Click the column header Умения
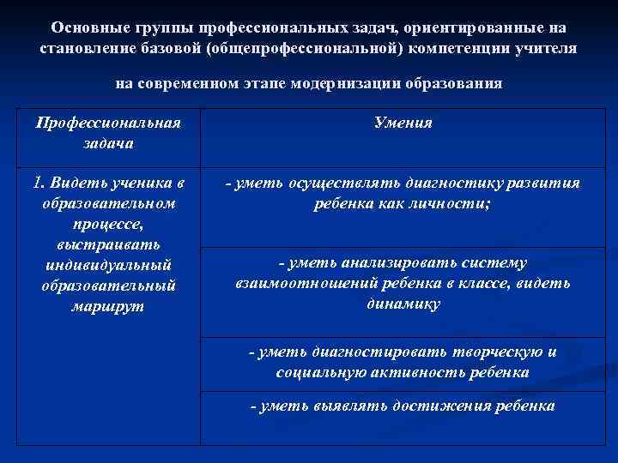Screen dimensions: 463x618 [403, 123]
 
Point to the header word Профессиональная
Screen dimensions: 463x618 [108, 123]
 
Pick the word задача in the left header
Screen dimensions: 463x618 [108, 143]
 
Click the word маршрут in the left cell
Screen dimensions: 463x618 [108, 305]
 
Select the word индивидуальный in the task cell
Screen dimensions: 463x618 [108, 264]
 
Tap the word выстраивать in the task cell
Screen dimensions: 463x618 [108, 244]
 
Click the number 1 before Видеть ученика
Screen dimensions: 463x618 [36, 183]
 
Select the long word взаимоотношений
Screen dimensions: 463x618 [300, 284]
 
